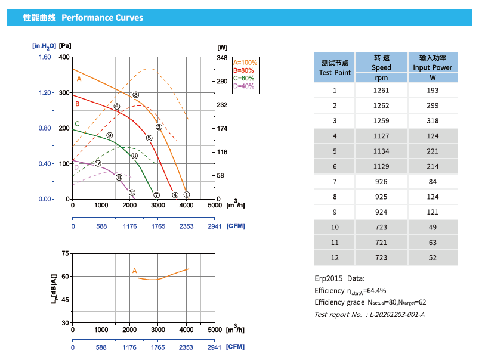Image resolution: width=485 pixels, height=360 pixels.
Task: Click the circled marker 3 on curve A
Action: coord(135,95)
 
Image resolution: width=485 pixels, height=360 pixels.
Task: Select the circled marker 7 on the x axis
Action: coord(157,195)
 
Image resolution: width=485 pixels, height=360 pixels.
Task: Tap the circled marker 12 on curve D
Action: coord(98,163)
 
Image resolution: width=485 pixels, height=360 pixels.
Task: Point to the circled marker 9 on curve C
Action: coord(110,136)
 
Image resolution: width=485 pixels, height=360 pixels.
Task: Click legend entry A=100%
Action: coord(245,63)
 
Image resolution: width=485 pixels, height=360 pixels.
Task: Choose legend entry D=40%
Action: coord(243,86)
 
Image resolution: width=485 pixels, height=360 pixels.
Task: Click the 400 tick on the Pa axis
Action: coord(64,57)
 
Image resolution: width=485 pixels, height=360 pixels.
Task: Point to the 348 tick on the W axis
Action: coord(222,57)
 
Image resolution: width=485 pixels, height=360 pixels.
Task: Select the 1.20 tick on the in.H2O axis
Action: coord(45,93)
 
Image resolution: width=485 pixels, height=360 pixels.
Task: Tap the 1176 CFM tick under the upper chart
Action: coord(129,226)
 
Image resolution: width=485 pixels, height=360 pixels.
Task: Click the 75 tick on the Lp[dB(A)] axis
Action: coord(64,253)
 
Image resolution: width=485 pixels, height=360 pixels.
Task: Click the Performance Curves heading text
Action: coord(102,18)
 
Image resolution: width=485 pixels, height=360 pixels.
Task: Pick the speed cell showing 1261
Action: coord(381,91)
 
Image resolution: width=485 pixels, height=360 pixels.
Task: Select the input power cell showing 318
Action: coord(433,121)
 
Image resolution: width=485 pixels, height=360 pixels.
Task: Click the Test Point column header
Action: coord(335,67)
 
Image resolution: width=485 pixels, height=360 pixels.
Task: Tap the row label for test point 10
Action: coord(335,227)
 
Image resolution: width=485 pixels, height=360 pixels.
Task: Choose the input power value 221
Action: coord(433,151)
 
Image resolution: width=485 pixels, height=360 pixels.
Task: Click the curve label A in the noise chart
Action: coord(135,271)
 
